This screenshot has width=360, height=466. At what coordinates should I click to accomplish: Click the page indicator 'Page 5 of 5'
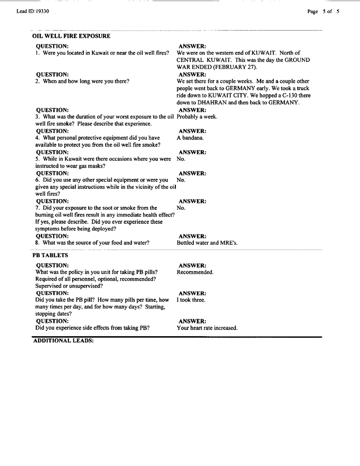pyautogui.click(x=323, y=11)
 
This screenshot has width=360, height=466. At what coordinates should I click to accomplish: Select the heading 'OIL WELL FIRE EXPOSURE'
pyautogui.click(x=71, y=36)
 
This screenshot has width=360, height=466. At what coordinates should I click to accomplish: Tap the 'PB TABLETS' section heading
pyautogui.click(x=50, y=255)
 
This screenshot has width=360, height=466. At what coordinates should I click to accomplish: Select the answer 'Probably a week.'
pyautogui.click(x=197, y=117)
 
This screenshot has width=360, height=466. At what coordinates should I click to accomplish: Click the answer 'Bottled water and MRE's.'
pyautogui.click(x=207, y=243)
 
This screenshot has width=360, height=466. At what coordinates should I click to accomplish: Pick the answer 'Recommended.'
pyautogui.click(x=195, y=272)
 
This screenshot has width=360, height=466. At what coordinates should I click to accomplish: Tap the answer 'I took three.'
pyautogui.click(x=191, y=300)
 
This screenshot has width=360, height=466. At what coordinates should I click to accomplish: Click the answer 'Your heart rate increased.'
pyautogui.click(x=207, y=328)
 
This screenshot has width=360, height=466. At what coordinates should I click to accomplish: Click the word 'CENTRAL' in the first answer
pyautogui.click(x=191, y=60)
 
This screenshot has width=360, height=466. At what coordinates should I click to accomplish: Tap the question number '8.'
pyautogui.click(x=38, y=243)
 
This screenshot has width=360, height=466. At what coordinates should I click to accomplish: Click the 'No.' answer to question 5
pyautogui.click(x=181, y=158)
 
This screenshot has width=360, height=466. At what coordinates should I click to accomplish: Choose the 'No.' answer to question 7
pyautogui.click(x=181, y=208)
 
